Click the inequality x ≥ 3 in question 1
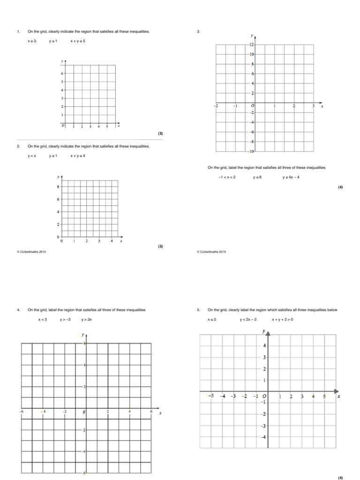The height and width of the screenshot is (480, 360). coord(32,41)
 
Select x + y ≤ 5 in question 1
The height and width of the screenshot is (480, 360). coord(78,41)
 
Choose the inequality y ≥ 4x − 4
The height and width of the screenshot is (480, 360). coord(291,177)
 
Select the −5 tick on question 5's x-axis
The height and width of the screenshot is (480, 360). coord(211,396)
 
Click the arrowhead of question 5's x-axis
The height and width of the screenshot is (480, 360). coord(336,390)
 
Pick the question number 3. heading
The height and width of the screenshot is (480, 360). coord(198,32)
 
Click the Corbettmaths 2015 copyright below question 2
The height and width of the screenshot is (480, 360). coord(31,252)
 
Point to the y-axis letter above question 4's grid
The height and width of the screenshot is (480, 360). coord(82,335)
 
